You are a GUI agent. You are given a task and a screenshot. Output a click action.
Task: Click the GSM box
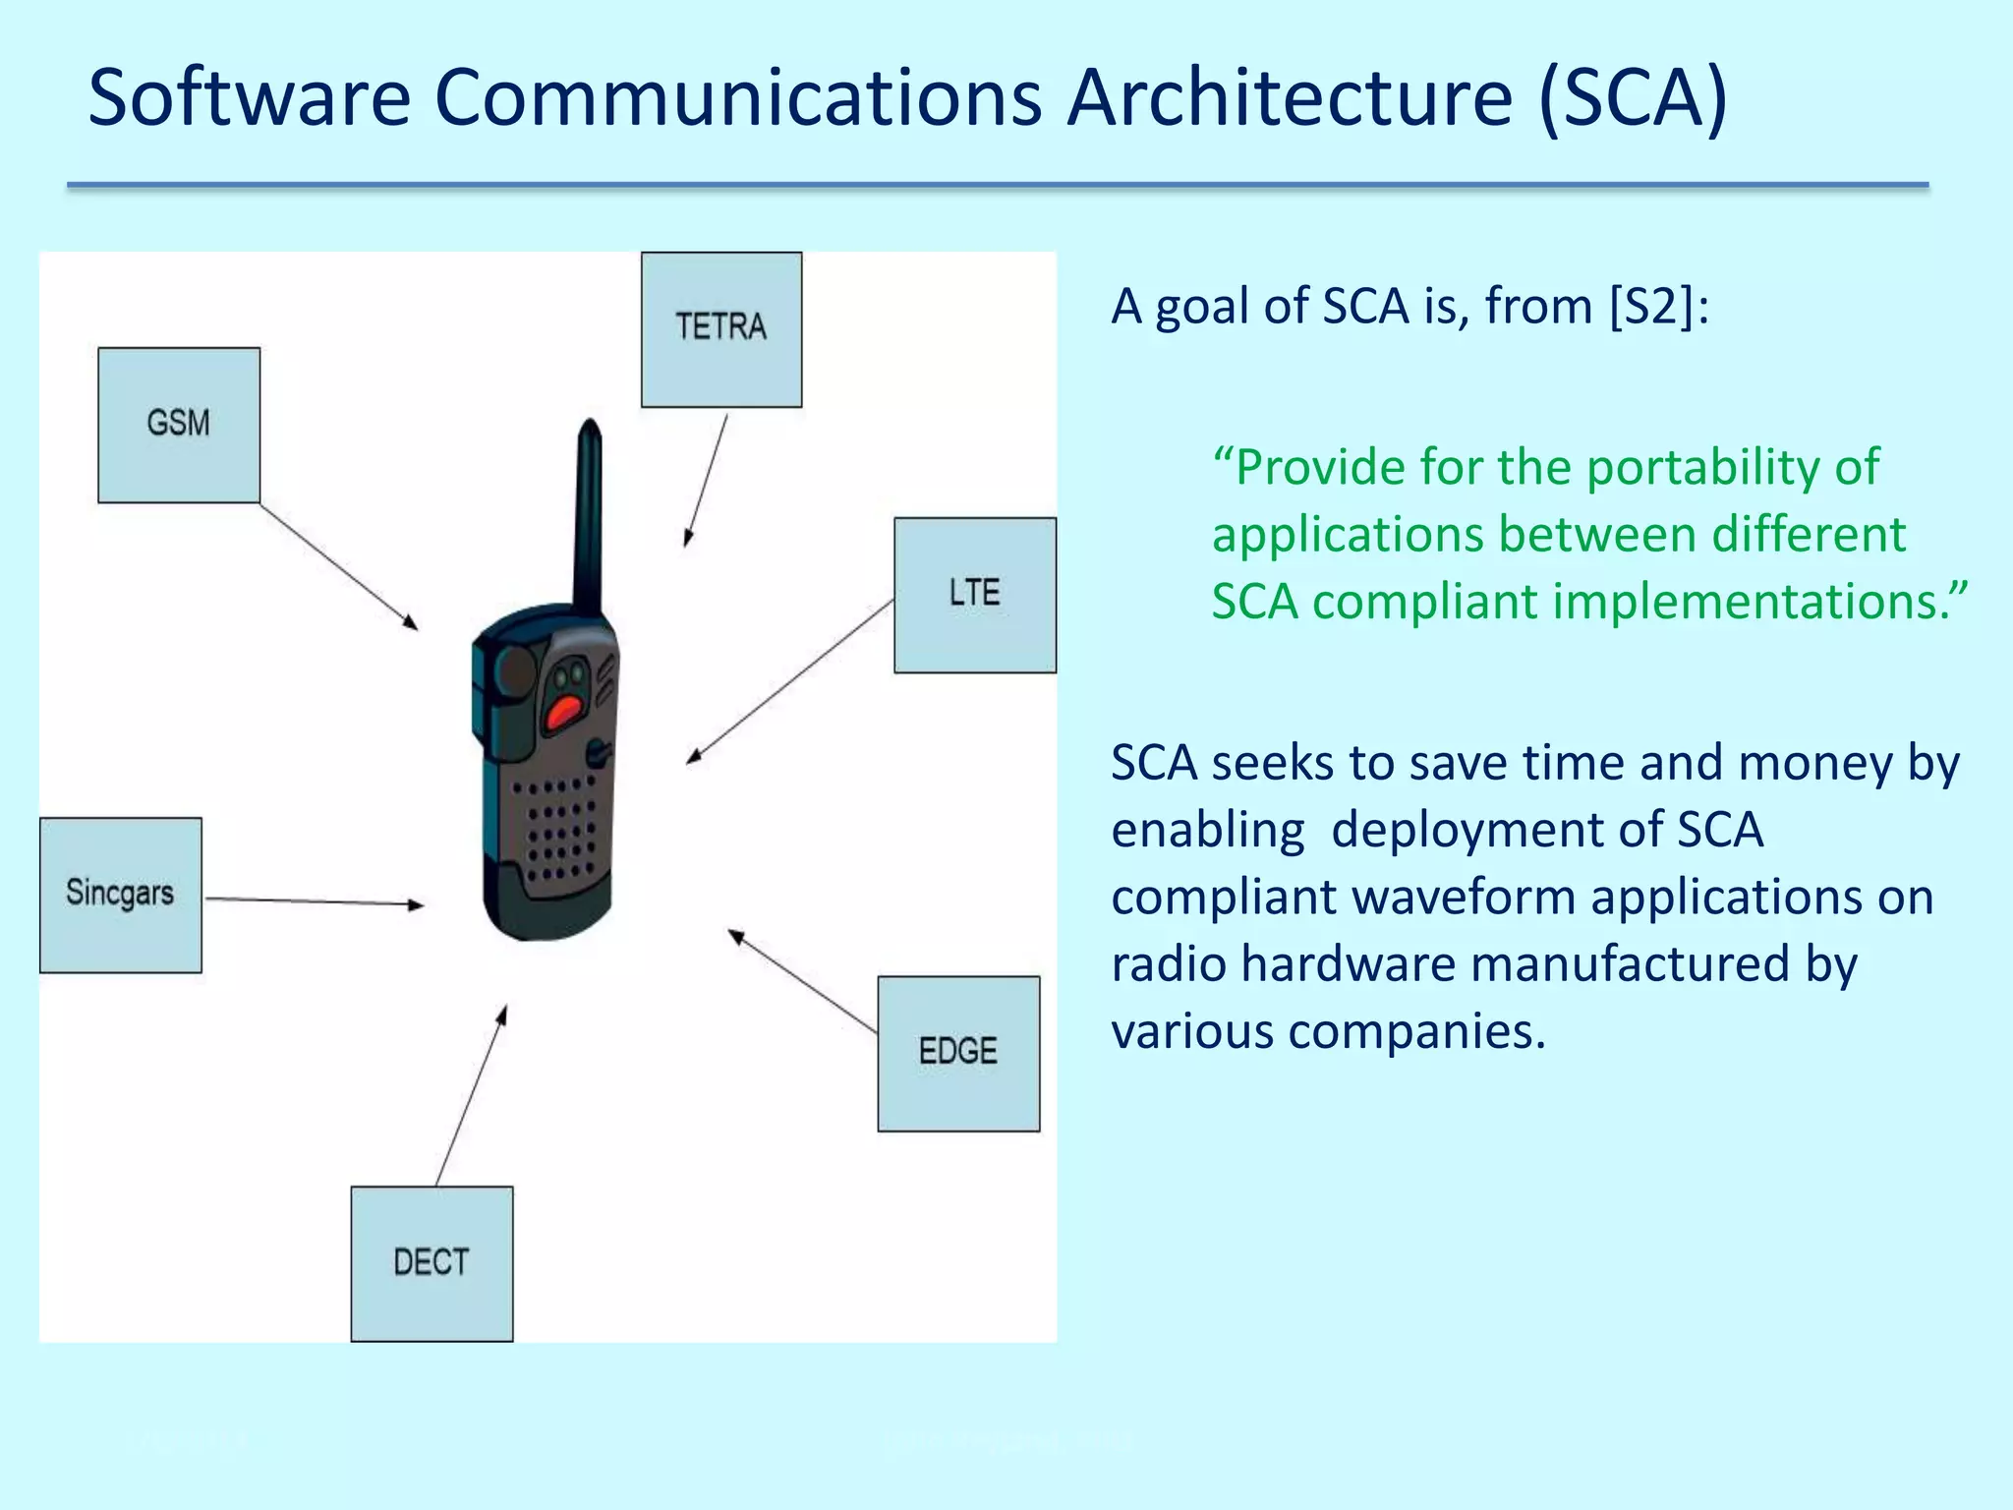(179, 425)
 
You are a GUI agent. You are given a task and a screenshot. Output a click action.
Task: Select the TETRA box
(721, 329)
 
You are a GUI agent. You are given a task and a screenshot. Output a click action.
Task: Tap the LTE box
(975, 595)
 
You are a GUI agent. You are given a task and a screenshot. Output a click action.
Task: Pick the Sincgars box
(121, 895)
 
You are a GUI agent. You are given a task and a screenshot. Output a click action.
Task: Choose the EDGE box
(958, 1053)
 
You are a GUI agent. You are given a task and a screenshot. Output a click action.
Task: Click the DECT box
(431, 1263)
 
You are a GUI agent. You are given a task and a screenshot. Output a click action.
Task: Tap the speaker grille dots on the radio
(560, 831)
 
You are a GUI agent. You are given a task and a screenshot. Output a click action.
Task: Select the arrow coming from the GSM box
(339, 566)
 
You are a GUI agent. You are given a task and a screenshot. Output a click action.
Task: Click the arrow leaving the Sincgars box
(315, 901)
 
